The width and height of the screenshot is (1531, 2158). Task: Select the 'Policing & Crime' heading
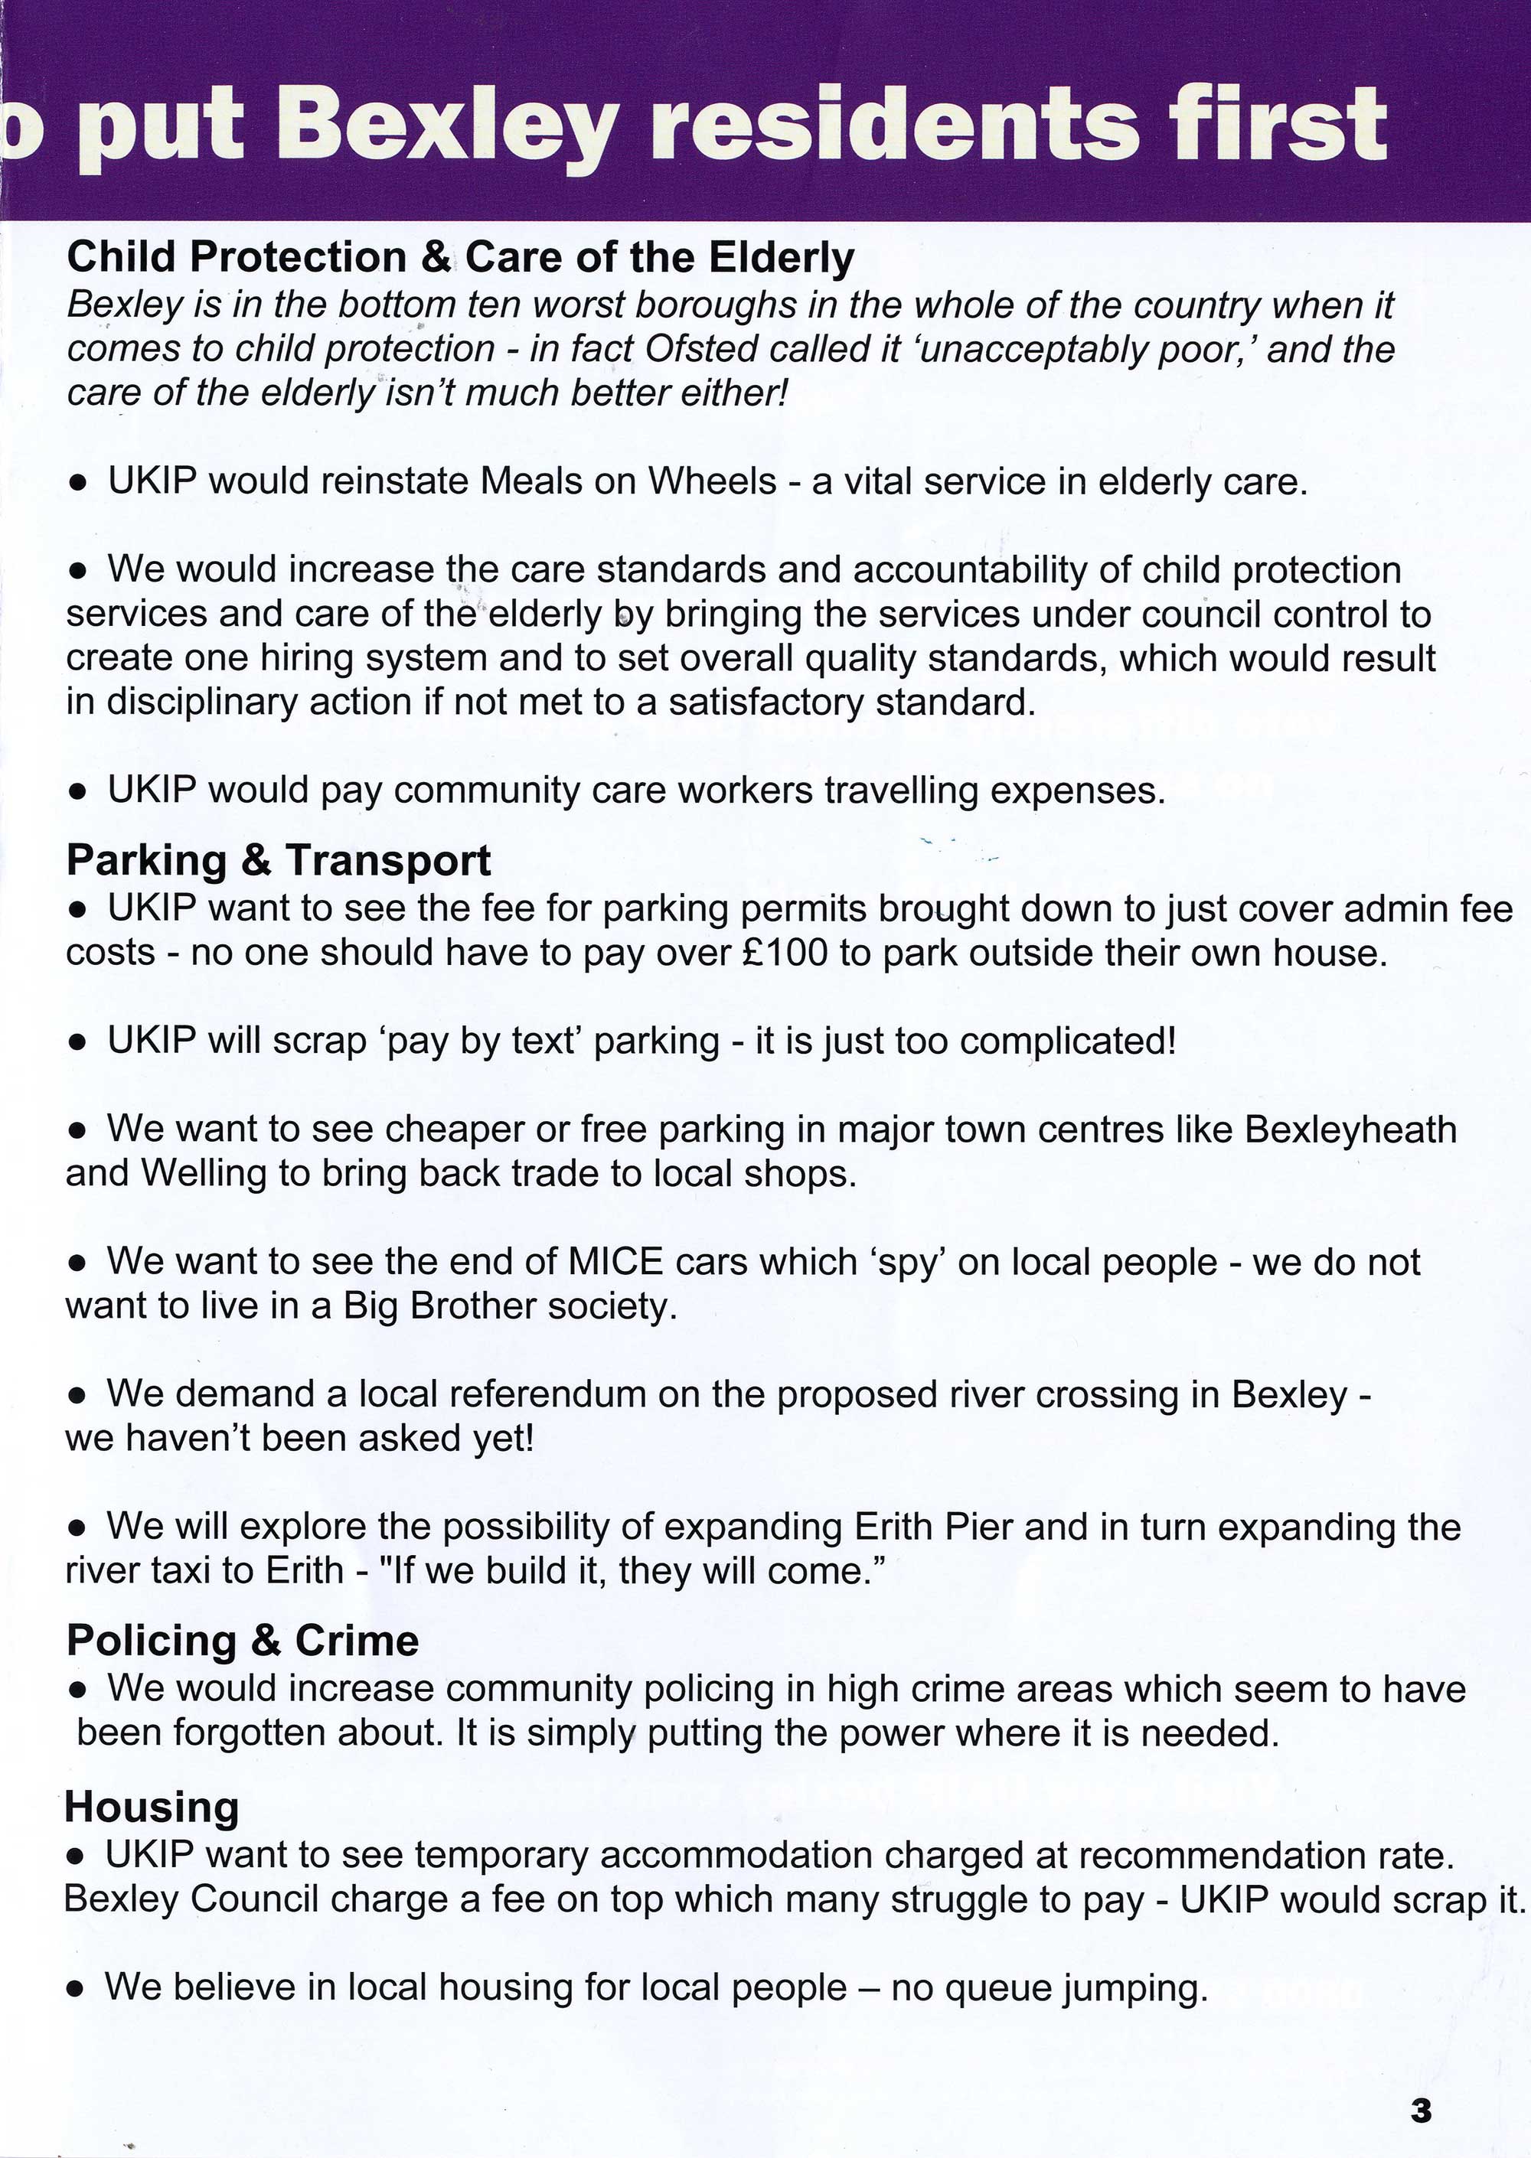pyautogui.click(x=243, y=1641)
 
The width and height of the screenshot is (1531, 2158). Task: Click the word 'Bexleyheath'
pyautogui.click(x=1350, y=1129)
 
